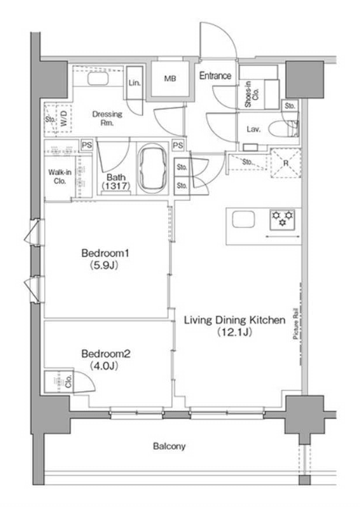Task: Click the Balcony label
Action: [x=169, y=446]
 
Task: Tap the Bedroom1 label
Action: [x=105, y=253]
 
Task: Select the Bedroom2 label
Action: [x=106, y=354]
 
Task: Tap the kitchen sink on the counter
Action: [x=243, y=220]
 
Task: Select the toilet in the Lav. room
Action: [x=284, y=129]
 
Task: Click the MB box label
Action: [x=170, y=78]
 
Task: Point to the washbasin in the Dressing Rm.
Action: [x=97, y=79]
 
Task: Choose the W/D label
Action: [x=64, y=118]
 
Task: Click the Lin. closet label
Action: [x=134, y=83]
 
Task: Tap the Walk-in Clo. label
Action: [x=60, y=176]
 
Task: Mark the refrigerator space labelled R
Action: [x=285, y=163]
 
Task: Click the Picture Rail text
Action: [x=296, y=323]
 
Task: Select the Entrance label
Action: [x=215, y=76]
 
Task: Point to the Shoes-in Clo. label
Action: [x=252, y=94]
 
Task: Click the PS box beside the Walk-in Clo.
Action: [x=87, y=145]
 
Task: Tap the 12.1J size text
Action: [x=235, y=332]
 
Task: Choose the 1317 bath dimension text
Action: [x=116, y=186]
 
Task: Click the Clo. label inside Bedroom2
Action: [x=69, y=381]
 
